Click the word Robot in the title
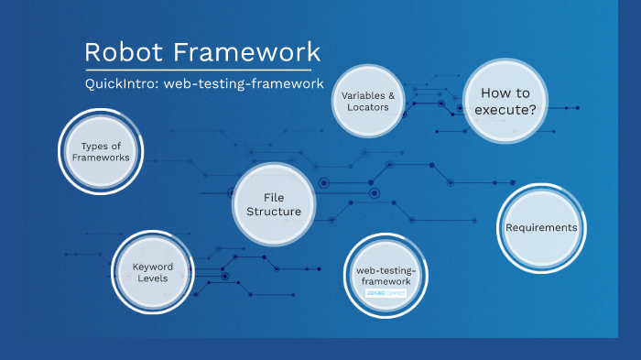click(x=121, y=52)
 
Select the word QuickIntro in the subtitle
click(x=120, y=84)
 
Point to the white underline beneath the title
click(x=198, y=70)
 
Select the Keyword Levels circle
click(x=152, y=272)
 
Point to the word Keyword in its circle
click(x=152, y=266)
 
